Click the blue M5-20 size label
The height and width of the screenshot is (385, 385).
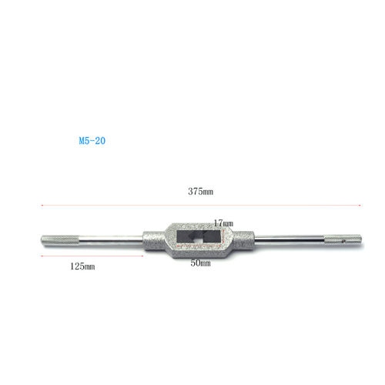click(x=92, y=141)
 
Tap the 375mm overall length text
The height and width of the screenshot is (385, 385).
click(x=200, y=191)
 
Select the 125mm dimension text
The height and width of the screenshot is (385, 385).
click(x=82, y=266)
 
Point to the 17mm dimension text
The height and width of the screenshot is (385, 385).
click(x=223, y=223)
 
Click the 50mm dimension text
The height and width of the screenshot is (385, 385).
click(x=200, y=263)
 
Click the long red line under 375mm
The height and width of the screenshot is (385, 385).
click(x=201, y=206)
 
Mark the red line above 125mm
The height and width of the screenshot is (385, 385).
click(x=92, y=256)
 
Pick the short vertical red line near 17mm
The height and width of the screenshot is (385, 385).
click(x=224, y=237)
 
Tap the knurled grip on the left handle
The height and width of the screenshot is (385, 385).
click(x=60, y=240)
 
